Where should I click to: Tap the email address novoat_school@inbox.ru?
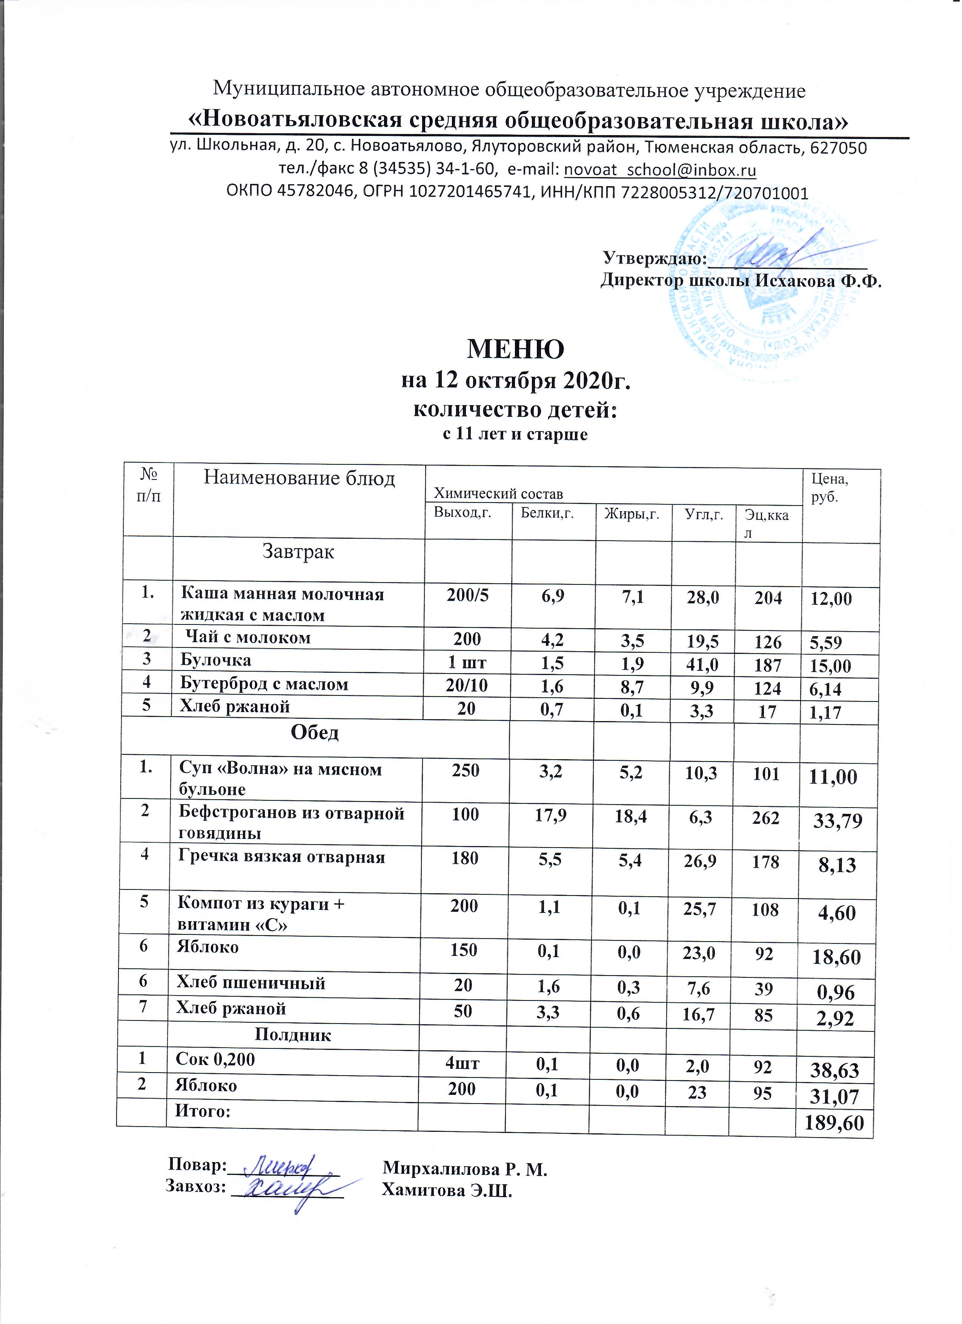click(661, 170)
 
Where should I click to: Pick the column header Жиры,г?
click(632, 514)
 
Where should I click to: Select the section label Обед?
click(315, 733)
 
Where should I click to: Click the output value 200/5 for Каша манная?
click(467, 595)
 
